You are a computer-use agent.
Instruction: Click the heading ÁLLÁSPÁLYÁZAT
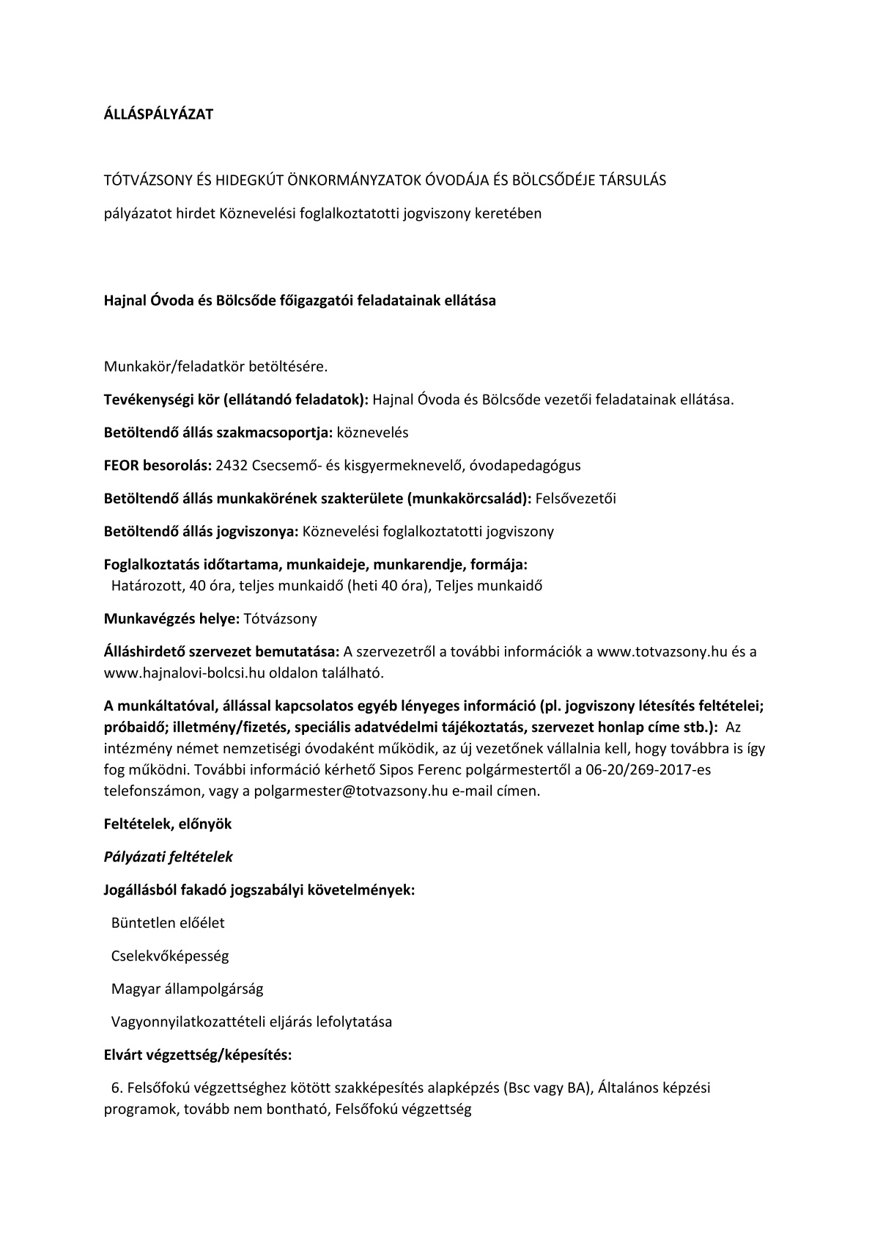[x=158, y=114]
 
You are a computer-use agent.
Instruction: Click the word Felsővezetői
[x=576, y=499]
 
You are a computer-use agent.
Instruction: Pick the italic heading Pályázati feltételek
[x=169, y=857]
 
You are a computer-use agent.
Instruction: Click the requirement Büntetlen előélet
[x=168, y=923]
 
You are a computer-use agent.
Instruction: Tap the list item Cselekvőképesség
[x=170, y=956]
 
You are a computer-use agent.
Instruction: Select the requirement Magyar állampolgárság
[x=187, y=989]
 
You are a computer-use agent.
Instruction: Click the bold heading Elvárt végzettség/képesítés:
[x=198, y=1055]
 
